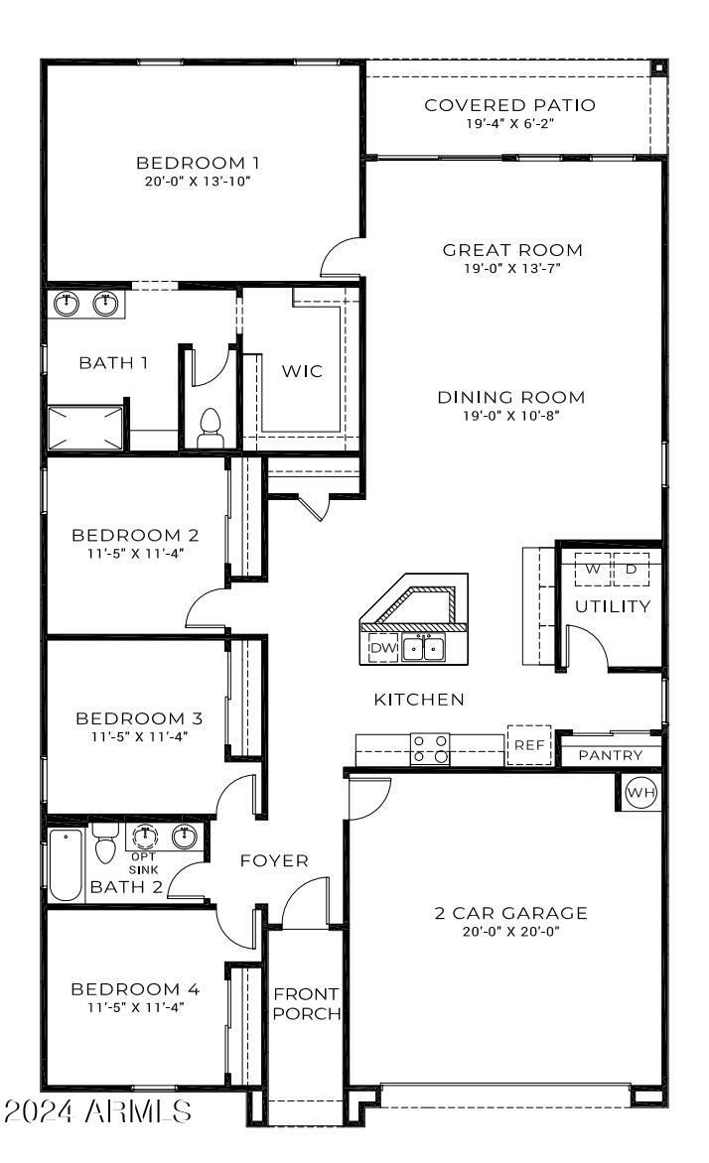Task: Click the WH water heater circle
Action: [x=640, y=792]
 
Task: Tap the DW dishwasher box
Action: [x=384, y=648]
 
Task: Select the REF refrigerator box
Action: [x=529, y=744]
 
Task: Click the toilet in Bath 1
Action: [x=211, y=429]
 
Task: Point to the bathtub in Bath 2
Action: [x=66, y=865]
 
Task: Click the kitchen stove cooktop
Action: [x=431, y=748]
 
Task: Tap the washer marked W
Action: [x=593, y=570]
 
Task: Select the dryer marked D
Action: [x=631, y=570]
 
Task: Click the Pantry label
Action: [x=611, y=755]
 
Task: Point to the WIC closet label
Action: [x=302, y=371]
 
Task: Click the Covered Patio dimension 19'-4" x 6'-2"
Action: [x=510, y=123]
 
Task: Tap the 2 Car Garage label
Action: [x=510, y=913]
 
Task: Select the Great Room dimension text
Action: [x=511, y=269]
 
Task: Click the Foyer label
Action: [x=274, y=860]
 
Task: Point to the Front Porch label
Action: [x=307, y=1003]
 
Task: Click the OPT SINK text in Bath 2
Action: [x=143, y=863]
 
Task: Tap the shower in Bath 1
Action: [x=85, y=428]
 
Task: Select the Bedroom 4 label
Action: [x=135, y=988]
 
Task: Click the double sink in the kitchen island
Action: [x=424, y=648]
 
